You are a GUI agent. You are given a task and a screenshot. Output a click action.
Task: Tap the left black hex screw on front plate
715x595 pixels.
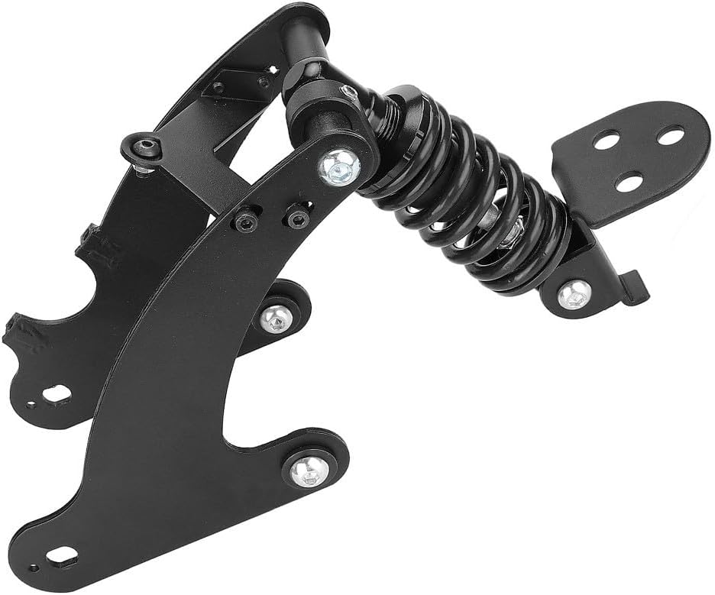(245, 222)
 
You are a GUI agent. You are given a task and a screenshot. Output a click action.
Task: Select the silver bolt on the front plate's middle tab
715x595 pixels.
(275, 319)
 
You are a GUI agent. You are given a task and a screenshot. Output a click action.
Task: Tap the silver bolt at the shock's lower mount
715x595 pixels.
(574, 294)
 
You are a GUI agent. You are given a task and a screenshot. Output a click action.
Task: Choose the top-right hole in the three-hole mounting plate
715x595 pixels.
(670, 137)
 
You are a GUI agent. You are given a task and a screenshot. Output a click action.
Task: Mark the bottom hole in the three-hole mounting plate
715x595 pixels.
(629, 182)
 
